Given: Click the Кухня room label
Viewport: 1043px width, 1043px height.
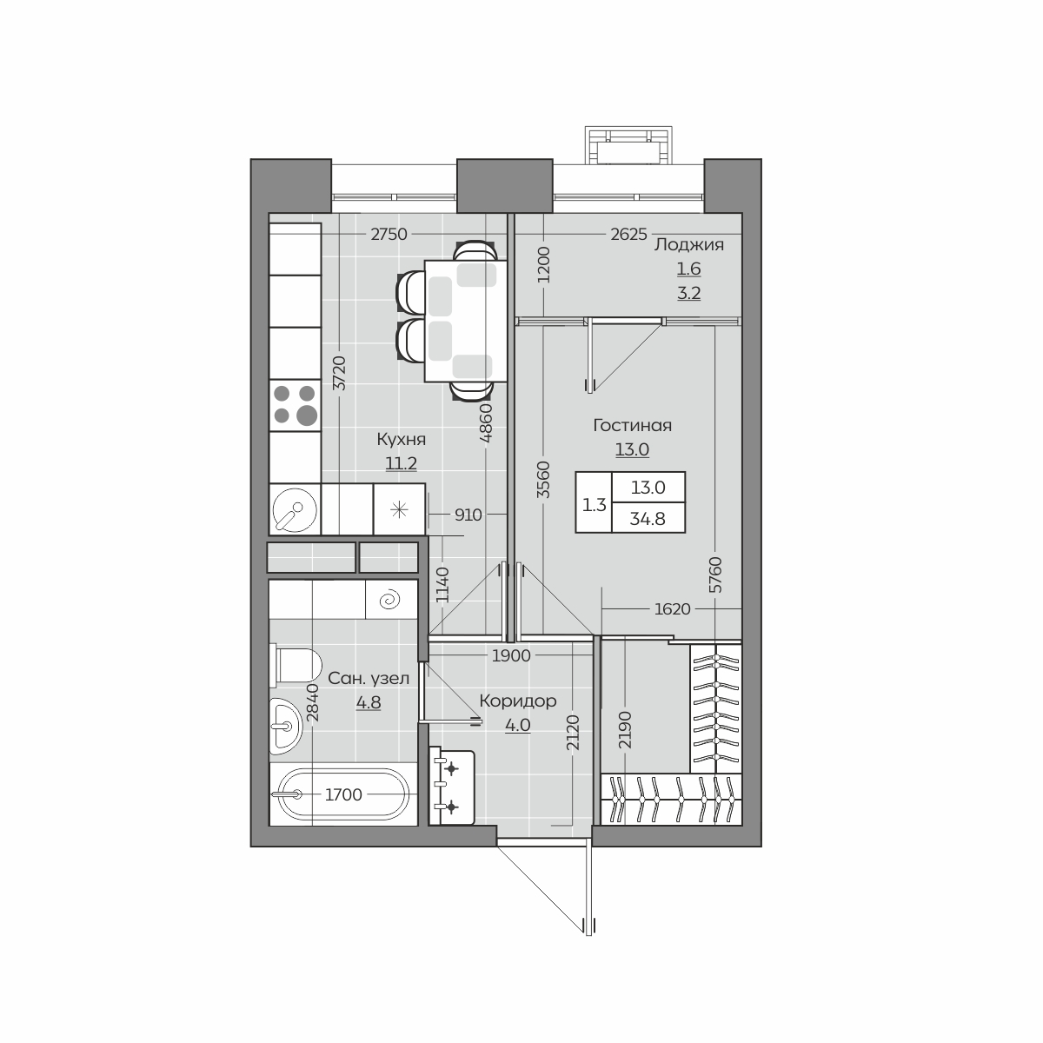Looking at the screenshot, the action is point(401,439).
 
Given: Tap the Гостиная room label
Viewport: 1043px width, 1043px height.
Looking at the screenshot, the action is point(632,425).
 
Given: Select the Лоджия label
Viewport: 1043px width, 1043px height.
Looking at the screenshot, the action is point(689,244).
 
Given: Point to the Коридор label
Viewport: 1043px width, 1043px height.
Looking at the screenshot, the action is point(518,701).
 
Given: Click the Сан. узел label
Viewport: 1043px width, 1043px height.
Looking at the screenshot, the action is point(369,678).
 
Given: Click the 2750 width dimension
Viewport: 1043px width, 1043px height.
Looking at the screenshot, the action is point(389,235).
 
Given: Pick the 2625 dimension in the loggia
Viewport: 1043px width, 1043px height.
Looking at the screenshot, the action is point(628,235).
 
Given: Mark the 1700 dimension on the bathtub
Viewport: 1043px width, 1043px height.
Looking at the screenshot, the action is point(343,795).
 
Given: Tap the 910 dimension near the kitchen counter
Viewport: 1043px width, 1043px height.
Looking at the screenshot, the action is point(468,515).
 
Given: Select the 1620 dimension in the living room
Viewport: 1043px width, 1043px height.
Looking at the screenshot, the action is point(672,609).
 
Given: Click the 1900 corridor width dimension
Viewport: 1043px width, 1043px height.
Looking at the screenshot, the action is point(511,655).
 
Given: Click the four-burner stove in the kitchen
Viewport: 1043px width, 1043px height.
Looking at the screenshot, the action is point(295,405).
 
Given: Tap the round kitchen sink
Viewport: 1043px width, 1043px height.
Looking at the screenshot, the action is point(295,509).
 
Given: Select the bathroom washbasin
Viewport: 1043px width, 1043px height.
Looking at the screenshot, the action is point(285,727).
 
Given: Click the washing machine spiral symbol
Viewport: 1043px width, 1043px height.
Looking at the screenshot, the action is point(391,600).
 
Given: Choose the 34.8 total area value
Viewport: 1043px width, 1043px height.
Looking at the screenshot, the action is point(648,519).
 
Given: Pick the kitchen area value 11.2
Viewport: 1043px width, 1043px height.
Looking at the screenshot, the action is point(401,463).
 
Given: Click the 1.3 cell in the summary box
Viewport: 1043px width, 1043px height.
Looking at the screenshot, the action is point(594,505).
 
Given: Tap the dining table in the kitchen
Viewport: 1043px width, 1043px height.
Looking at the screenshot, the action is point(466,321).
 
